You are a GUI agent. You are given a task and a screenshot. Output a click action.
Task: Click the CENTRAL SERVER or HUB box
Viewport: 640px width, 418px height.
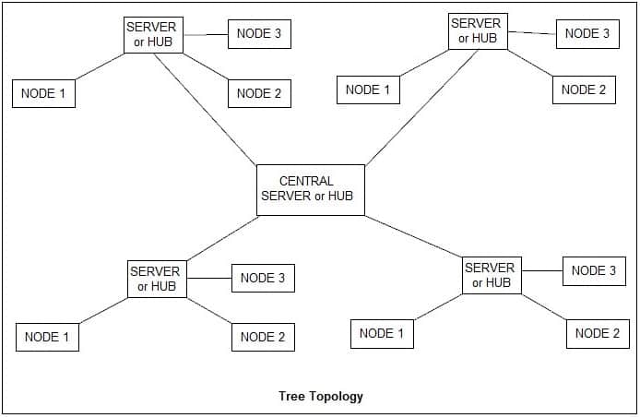point(310,189)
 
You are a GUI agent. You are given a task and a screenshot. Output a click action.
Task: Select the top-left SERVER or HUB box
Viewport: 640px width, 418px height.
point(152,35)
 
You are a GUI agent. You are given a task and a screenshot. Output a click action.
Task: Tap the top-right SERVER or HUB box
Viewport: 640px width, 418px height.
point(477,30)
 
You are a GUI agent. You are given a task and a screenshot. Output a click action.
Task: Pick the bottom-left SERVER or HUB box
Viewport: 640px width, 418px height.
point(156,279)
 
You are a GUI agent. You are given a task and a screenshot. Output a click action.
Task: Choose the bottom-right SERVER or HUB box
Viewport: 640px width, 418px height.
point(492,275)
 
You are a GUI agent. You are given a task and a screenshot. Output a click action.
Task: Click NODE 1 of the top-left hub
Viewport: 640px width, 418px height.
point(43,93)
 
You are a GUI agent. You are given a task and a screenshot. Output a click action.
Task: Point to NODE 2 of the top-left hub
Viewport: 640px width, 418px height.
point(260,93)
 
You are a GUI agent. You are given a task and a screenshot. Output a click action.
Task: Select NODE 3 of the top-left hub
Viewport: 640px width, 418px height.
point(260,35)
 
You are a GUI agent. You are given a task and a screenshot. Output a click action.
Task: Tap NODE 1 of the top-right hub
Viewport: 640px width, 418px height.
point(368,90)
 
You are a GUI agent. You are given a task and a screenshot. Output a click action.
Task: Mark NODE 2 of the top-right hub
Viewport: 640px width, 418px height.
point(584,90)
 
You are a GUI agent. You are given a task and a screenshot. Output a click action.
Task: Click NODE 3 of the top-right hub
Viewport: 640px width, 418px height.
point(587,33)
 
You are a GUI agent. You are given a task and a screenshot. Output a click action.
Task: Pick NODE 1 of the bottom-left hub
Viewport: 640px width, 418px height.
point(47,337)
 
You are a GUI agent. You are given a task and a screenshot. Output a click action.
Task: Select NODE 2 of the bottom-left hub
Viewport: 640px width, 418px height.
point(263,337)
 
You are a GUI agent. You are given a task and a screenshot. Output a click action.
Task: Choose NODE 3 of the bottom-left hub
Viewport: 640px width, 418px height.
point(263,278)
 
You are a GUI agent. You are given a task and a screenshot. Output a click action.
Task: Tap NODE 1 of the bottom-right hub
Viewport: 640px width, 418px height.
point(382,333)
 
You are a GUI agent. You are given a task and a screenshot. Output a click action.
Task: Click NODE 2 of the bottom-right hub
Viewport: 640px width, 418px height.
point(598,333)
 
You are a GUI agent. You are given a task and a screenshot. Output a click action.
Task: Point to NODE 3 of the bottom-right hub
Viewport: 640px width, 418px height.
point(594,270)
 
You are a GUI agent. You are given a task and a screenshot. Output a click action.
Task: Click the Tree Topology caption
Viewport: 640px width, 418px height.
point(321,397)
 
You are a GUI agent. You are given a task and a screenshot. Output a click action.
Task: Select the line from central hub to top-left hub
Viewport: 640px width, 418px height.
point(206,110)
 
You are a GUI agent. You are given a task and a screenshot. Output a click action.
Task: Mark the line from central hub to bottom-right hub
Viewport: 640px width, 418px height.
point(414,235)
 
